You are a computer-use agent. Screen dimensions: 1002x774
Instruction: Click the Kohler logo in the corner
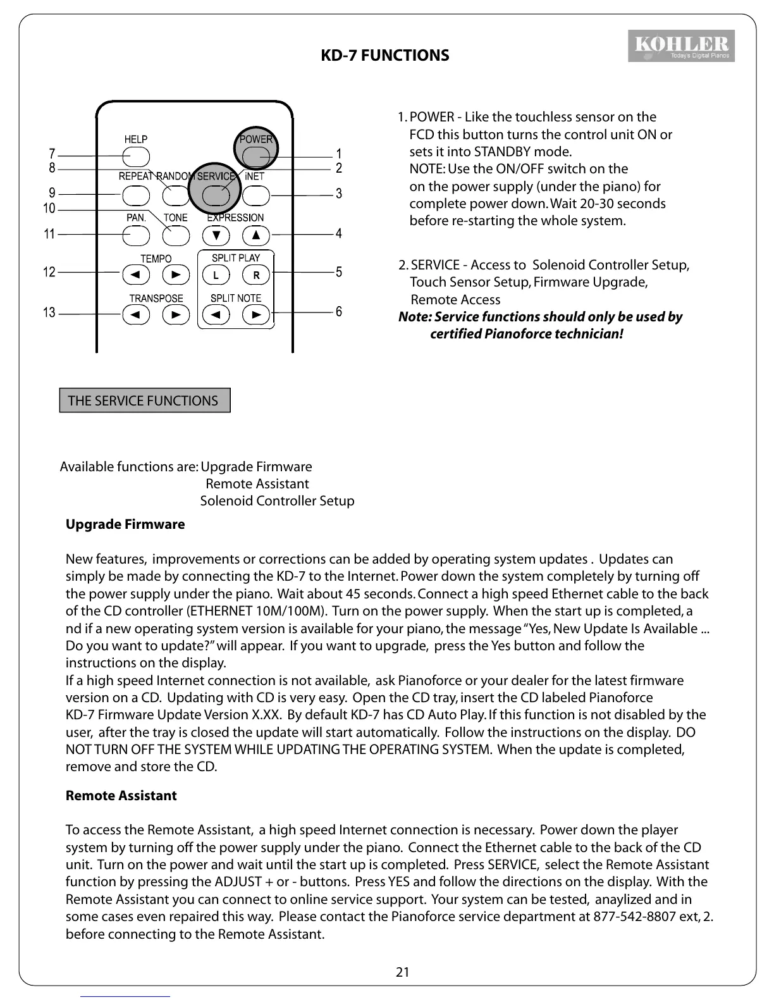pos(681,46)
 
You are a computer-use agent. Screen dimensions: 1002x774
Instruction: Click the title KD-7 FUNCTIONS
pos(385,56)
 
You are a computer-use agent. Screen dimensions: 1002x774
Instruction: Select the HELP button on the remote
pos(136,156)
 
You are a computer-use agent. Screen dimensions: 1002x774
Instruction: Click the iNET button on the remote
pos(255,195)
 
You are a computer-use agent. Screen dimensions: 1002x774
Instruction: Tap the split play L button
pos(216,275)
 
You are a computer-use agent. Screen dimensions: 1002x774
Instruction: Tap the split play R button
pos(255,275)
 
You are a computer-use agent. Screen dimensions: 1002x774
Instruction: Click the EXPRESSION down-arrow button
pos(216,235)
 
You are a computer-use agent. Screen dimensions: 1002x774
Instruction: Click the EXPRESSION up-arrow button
pos(255,235)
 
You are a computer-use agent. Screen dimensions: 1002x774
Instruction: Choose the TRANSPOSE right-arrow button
pos(176,314)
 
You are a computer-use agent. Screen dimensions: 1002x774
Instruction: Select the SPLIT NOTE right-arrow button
pos(255,314)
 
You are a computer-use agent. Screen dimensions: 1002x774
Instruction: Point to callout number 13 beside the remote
pos(49,312)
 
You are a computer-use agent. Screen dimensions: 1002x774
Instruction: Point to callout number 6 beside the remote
pos(339,312)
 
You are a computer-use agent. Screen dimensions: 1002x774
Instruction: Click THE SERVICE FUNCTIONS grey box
pos(144,400)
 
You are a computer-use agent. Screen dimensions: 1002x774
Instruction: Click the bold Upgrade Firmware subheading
pos(125,524)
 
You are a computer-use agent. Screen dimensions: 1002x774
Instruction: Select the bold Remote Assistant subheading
pos(121,796)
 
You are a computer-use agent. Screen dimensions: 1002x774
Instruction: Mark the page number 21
pos(402,972)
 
